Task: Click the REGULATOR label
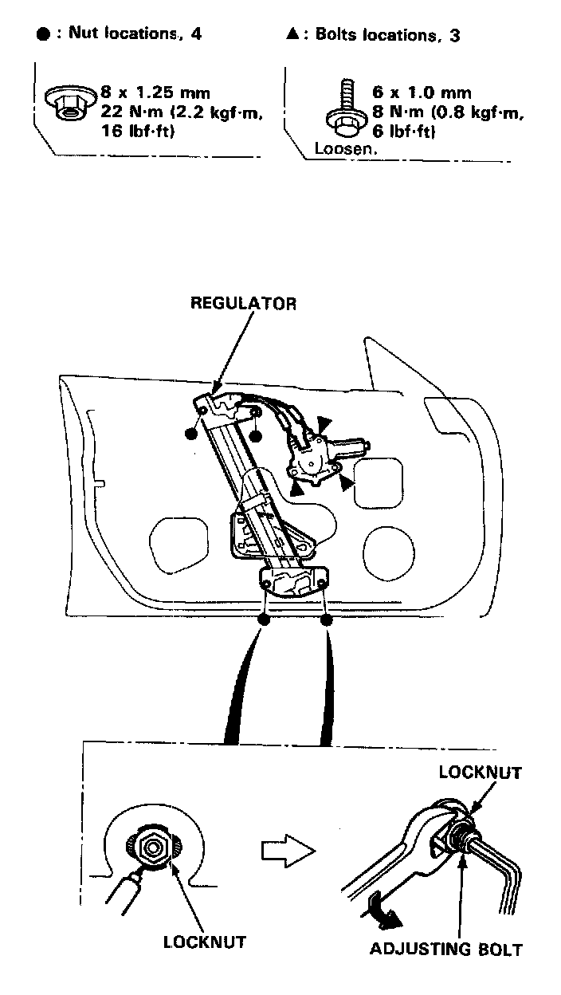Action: [242, 304]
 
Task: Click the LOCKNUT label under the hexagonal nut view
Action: [205, 942]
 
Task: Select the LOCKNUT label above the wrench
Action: [481, 772]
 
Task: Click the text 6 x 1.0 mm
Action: [422, 93]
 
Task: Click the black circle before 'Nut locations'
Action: [43, 35]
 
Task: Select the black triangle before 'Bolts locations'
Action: [293, 35]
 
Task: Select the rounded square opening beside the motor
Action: [378, 482]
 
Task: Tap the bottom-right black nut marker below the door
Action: [326, 619]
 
